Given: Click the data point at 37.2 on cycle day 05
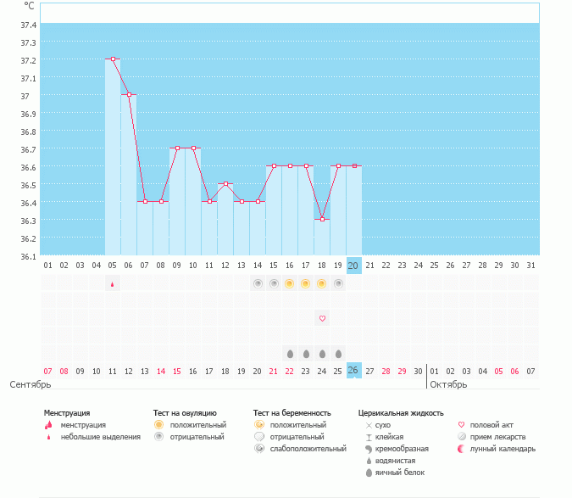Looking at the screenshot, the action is pyautogui.click(x=113, y=59).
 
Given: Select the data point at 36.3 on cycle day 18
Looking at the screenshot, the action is pyautogui.click(x=322, y=220).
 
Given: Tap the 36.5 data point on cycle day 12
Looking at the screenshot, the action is pyautogui.click(x=225, y=183).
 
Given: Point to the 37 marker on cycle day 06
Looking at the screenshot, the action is pyautogui.click(x=129, y=94).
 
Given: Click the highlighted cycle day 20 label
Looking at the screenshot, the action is pyautogui.click(x=353, y=266).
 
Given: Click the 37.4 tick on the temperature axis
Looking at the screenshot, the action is pyautogui.click(x=29, y=25).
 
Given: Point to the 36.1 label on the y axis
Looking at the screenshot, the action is pyautogui.click(x=29, y=257).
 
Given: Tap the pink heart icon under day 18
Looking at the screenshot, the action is pyautogui.click(x=322, y=318).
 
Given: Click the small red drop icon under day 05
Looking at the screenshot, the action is pyautogui.click(x=113, y=284).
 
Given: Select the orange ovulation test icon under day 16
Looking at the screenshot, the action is pyautogui.click(x=289, y=283).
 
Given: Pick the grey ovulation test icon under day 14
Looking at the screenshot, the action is pyautogui.click(x=258, y=283).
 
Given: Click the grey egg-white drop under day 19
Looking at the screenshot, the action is pyautogui.click(x=338, y=354).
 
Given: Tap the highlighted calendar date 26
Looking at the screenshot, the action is pyautogui.click(x=353, y=370).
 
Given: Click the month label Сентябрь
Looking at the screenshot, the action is pyautogui.click(x=31, y=384).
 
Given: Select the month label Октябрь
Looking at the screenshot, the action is pyautogui.click(x=448, y=384).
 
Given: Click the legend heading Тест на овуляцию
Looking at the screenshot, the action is pyautogui.click(x=185, y=413).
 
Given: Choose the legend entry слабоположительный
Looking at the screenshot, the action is pyautogui.click(x=308, y=449).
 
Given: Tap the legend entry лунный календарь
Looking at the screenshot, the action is pyautogui.click(x=503, y=449).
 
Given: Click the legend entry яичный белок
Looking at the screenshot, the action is pyautogui.click(x=400, y=473).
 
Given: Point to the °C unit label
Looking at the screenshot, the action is pyautogui.click(x=29, y=6).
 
